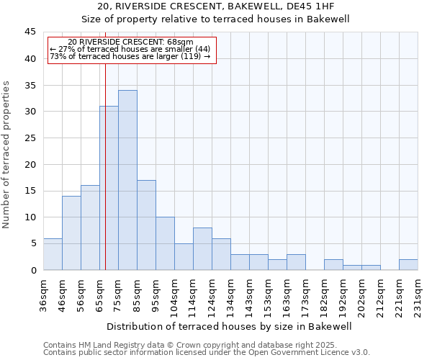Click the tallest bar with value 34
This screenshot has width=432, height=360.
(x=127, y=180)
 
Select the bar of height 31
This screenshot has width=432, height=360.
(x=109, y=188)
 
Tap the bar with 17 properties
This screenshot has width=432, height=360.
(x=146, y=225)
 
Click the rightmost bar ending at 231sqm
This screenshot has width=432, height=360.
(x=408, y=264)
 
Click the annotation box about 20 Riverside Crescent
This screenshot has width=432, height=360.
(x=132, y=50)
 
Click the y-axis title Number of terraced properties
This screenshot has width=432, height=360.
(x=7, y=155)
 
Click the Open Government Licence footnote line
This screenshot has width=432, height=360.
(x=206, y=353)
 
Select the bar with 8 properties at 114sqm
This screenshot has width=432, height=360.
(x=202, y=248)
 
